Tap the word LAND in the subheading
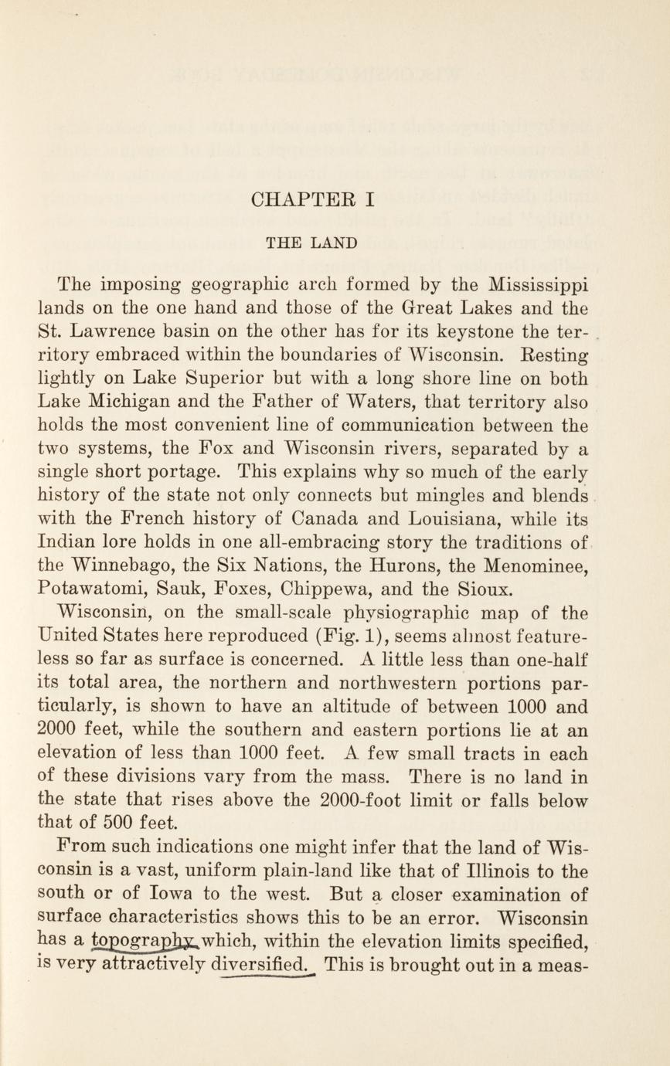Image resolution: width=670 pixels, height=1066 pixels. (x=335, y=243)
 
